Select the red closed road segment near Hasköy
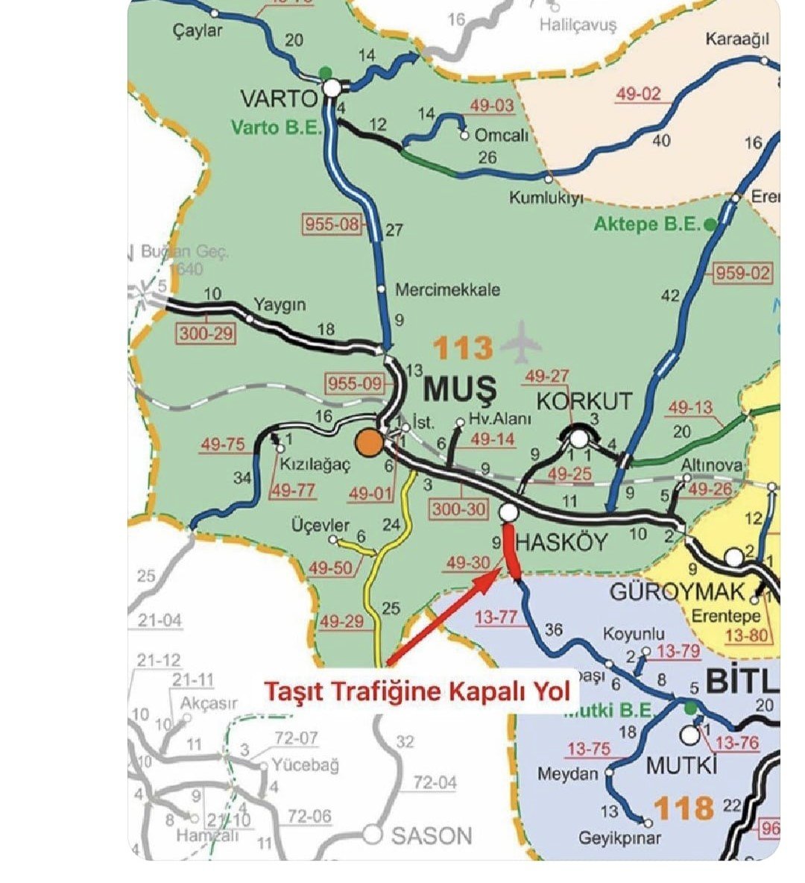511,551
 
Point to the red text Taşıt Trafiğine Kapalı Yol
416,691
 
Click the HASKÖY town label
561,542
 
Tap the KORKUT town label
584,400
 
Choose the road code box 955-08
332,223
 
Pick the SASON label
432,835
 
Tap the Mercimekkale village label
447,290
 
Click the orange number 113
463,348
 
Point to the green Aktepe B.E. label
648,224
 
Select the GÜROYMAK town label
677,592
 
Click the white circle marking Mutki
690,735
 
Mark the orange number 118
684,808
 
